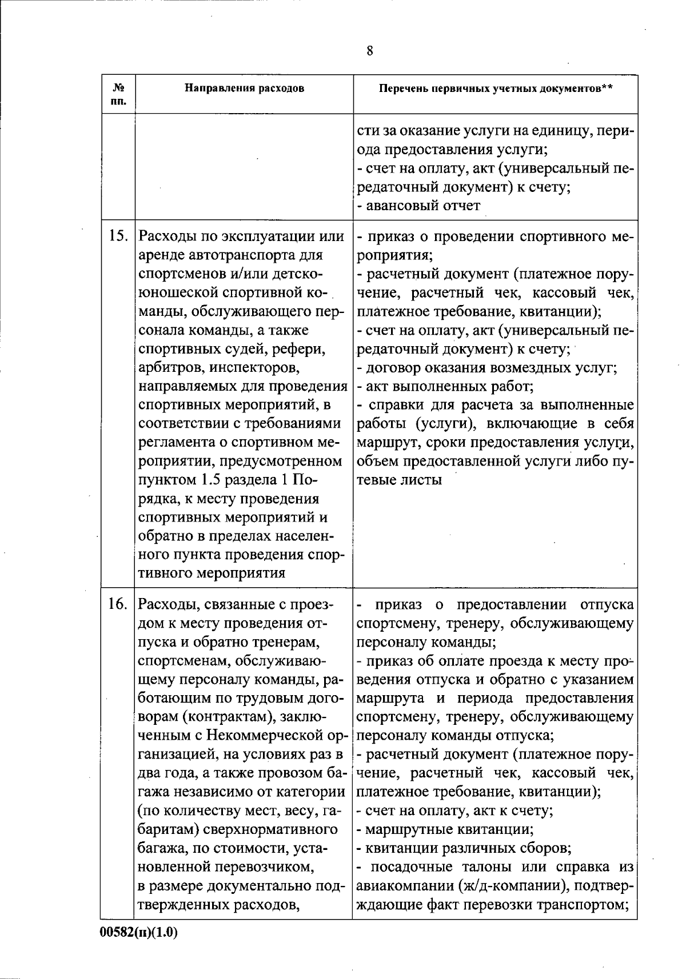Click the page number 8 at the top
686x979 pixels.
370,51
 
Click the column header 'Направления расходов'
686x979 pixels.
244,89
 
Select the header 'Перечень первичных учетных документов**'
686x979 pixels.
495,89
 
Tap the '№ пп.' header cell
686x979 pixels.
119,94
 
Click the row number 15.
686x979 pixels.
118,236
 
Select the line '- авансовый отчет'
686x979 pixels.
419,206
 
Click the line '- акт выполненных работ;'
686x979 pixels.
445,387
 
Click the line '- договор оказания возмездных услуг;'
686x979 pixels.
486,368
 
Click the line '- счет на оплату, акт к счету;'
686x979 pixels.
455,811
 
